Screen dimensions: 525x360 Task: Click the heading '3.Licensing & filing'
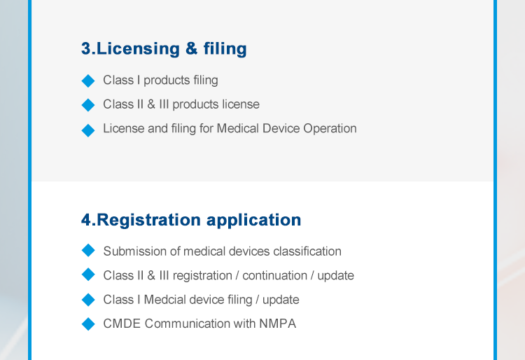point(164,49)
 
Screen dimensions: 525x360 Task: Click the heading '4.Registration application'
point(191,221)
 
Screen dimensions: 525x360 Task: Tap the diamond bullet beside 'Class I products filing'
point(88,81)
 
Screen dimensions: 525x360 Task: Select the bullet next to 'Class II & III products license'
point(88,105)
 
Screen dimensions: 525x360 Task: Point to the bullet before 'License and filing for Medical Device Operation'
point(88,130)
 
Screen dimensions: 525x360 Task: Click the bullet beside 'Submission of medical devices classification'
point(88,250)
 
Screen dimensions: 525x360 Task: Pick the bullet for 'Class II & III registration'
point(88,275)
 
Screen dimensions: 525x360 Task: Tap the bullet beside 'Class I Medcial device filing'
point(88,299)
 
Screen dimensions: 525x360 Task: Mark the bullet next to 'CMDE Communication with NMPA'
point(88,324)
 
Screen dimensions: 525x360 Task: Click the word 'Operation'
point(330,129)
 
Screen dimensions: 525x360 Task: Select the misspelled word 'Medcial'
point(164,300)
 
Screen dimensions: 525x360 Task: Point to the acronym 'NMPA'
point(278,324)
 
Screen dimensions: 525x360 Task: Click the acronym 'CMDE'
point(122,324)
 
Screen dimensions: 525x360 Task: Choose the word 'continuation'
point(274,276)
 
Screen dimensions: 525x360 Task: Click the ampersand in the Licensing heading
point(191,48)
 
